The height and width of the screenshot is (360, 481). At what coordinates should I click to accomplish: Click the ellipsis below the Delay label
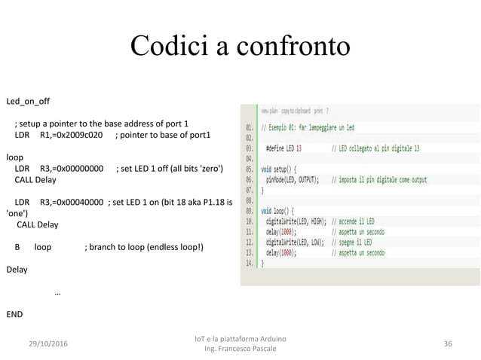pyautogui.click(x=59, y=292)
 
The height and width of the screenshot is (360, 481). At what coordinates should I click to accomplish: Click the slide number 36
pyautogui.click(x=449, y=343)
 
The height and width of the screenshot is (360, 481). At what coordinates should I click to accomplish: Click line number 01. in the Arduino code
pyautogui.click(x=250, y=127)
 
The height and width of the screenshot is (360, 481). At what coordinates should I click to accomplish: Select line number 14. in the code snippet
pyautogui.click(x=250, y=264)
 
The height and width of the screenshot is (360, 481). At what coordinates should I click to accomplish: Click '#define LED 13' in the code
pyautogui.click(x=283, y=148)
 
